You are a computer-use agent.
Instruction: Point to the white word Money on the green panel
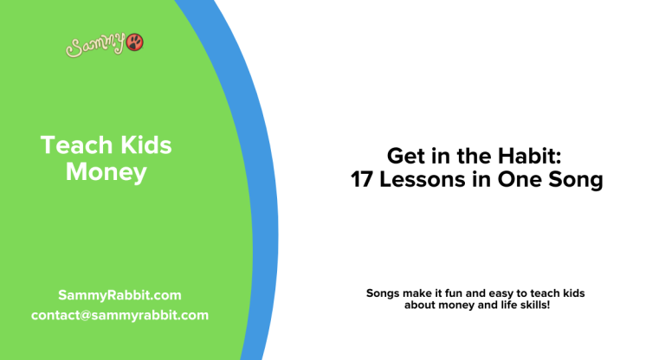point(106,172)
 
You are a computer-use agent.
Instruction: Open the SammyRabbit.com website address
point(119,295)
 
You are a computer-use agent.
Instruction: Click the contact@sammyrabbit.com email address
point(119,315)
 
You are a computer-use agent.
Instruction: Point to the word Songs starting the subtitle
point(384,293)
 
